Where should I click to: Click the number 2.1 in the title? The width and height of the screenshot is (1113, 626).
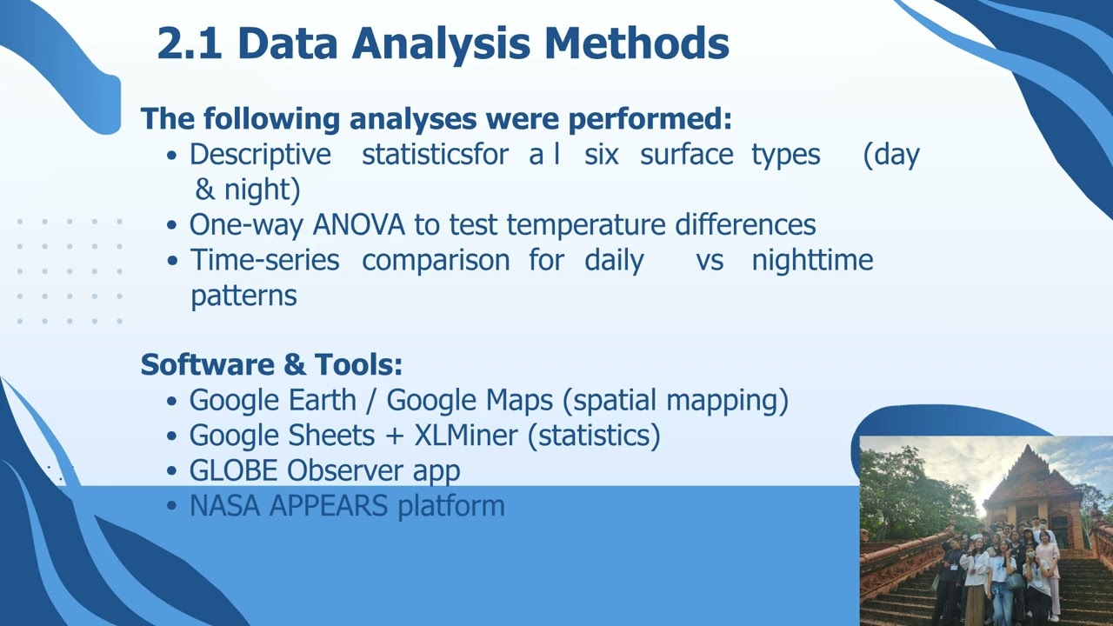click(x=190, y=43)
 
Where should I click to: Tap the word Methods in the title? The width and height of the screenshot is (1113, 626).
click(x=636, y=43)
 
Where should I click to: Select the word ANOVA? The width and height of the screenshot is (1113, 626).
click(x=359, y=224)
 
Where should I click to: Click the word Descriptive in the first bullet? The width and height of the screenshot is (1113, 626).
click(x=260, y=154)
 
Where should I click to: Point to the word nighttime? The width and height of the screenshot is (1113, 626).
click(x=812, y=260)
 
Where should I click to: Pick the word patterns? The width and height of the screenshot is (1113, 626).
click(x=244, y=296)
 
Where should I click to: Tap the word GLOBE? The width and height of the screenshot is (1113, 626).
click(x=233, y=470)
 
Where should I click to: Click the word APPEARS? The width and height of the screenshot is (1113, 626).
click(x=329, y=505)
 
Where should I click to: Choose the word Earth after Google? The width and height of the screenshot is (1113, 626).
click(x=323, y=400)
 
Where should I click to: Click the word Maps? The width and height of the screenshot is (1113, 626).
click(x=519, y=400)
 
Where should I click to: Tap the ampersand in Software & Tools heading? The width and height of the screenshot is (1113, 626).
click(x=295, y=364)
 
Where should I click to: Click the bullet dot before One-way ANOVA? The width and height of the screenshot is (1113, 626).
click(x=172, y=226)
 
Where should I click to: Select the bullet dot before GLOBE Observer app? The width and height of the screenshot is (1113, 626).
click(x=172, y=471)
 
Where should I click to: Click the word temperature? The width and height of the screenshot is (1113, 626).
click(x=586, y=225)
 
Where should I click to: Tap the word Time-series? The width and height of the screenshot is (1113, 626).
click(x=265, y=260)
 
